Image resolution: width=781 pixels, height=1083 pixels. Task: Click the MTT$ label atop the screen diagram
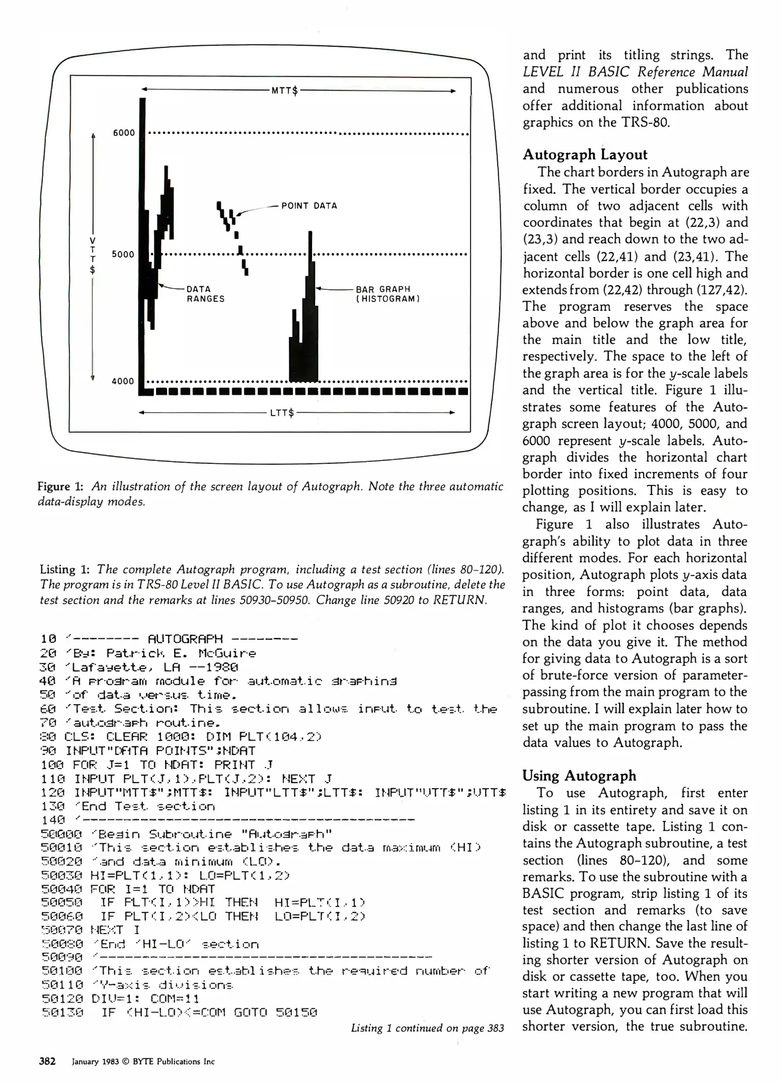(x=284, y=91)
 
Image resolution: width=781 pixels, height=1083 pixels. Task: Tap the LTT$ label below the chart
(x=281, y=413)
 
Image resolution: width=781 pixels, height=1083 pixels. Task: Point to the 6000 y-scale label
(x=124, y=133)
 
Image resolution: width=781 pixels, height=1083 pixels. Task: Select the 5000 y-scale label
(x=123, y=254)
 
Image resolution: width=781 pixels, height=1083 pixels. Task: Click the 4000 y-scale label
(x=123, y=381)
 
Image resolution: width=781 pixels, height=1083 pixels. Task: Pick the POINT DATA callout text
(x=309, y=206)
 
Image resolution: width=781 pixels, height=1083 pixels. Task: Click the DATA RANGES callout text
(x=205, y=294)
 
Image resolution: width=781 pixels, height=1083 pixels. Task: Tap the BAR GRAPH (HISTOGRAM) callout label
(x=387, y=294)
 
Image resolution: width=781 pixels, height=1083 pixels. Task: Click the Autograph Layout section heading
(x=585, y=154)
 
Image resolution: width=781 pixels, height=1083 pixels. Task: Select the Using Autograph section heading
(x=579, y=776)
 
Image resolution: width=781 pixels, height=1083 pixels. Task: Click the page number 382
(x=47, y=1061)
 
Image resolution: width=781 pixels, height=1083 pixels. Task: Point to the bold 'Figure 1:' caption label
(x=60, y=486)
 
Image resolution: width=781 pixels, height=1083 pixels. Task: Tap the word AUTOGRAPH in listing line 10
(x=185, y=639)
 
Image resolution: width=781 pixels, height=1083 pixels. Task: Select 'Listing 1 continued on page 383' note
(x=427, y=1028)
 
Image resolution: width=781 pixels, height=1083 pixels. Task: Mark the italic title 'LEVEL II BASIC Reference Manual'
(x=635, y=72)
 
